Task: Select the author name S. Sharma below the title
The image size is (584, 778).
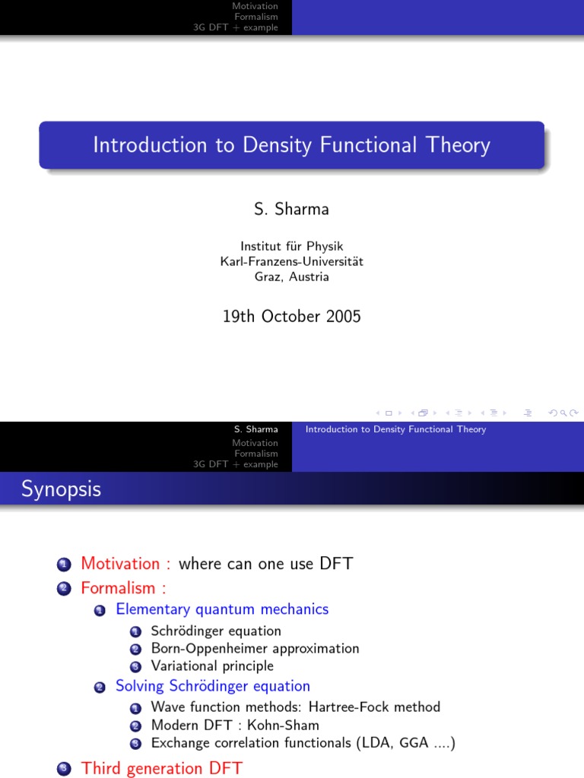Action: click(x=291, y=210)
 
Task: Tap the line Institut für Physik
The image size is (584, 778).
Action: click(x=291, y=246)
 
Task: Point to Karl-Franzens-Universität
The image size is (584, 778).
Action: click(x=291, y=261)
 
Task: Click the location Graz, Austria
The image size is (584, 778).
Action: click(x=291, y=277)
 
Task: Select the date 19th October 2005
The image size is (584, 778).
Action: click(x=291, y=316)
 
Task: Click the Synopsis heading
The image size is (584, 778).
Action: click(x=61, y=489)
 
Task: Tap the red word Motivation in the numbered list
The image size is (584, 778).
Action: click(x=120, y=564)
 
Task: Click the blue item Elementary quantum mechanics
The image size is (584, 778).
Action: click(x=222, y=609)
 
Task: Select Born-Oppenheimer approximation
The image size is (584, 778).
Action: click(x=255, y=649)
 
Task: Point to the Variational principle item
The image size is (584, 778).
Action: click(x=212, y=666)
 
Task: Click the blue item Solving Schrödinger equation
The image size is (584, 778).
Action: click(x=213, y=686)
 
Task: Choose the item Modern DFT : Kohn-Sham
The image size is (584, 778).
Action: click(x=235, y=725)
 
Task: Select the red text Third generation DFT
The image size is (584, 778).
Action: click(x=162, y=768)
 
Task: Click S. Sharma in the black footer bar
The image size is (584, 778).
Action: click(x=256, y=429)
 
